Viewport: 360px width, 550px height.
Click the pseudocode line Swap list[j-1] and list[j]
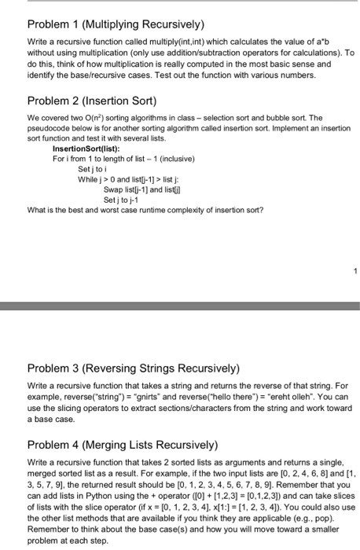coord(146,189)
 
